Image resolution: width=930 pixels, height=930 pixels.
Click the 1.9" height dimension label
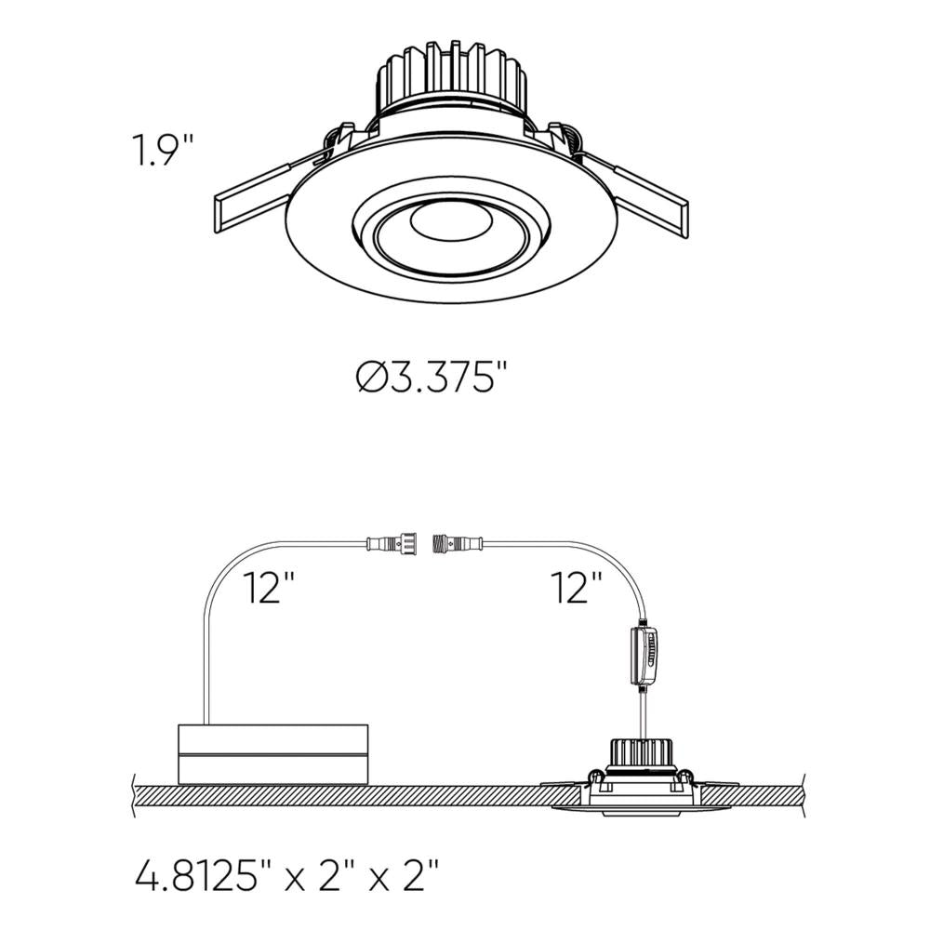(163, 151)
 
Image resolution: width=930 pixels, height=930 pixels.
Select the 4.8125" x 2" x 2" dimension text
(286, 875)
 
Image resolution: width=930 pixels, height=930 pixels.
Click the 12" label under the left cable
(270, 589)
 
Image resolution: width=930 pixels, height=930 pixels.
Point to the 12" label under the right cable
(576, 589)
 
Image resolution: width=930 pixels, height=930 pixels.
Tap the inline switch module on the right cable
(643, 656)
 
